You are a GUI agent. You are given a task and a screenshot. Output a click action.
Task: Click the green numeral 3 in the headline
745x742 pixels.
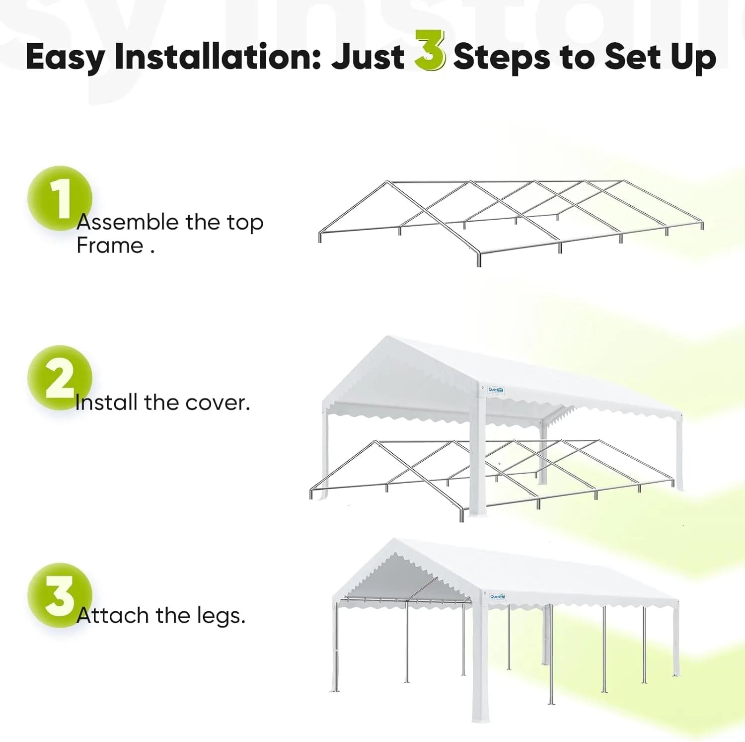point(429,51)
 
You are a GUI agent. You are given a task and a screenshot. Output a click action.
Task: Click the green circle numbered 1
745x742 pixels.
point(59,198)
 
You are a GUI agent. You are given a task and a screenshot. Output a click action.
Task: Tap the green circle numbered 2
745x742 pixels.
point(59,378)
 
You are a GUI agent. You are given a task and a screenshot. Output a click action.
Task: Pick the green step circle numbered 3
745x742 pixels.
point(59,595)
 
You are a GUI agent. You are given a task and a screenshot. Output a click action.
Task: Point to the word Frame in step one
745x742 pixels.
point(110,246)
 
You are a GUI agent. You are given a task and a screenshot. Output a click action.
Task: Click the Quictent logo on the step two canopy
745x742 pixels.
point(496,390)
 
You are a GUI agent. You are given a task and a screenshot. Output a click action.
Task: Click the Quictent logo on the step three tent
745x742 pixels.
point(497,597)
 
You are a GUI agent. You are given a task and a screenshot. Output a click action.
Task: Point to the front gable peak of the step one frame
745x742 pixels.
point(387,183)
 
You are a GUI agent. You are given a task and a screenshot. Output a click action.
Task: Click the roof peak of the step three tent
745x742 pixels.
point(394,540)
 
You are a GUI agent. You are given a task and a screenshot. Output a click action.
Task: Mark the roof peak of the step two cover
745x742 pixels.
point(388,338)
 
